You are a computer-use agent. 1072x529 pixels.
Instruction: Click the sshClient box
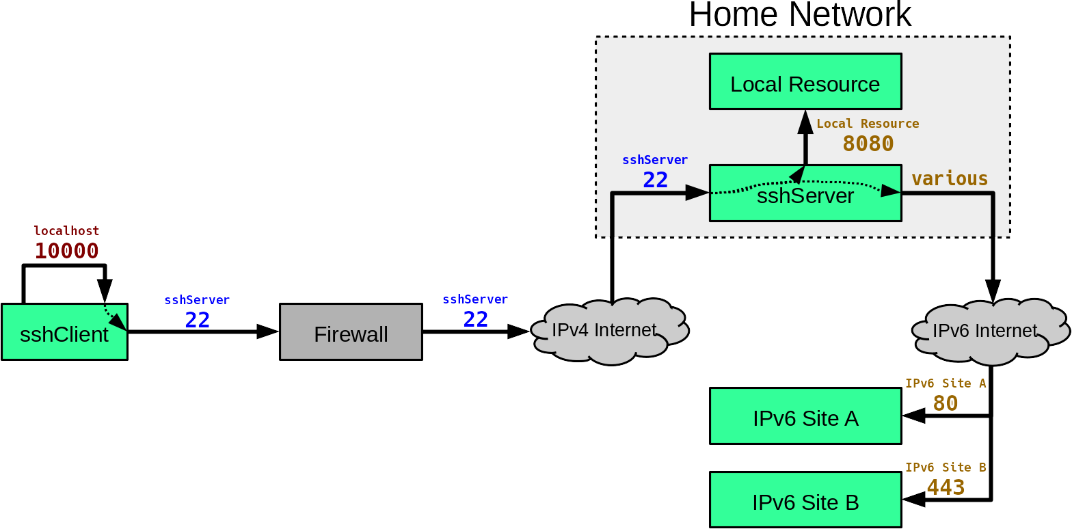pyautogui.click(x=64, y=332)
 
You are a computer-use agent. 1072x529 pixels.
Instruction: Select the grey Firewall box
pyautogui.click(x=351, y=332)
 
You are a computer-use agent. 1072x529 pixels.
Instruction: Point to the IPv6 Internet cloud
pyautogui.click(x=991, y=331)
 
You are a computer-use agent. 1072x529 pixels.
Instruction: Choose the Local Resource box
pyautogui.click(x=805, y=81)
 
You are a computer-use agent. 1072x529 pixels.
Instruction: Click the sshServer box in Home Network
pyautogui.click(x=805, y=193)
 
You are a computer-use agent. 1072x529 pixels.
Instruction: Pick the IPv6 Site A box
pyautogui.click(x=805, y=416)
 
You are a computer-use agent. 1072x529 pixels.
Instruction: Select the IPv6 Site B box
pyautogui.click(x=805, y=500)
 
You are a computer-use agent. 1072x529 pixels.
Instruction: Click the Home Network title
pyautogui.click(x=800, y=14)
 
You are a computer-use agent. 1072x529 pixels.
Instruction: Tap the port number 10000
pyautogui.click(x=66, y=251)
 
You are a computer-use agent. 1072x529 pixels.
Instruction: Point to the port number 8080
pyautogui.click(x=868, y=144)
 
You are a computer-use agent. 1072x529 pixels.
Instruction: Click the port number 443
pyautogui.click(x=946, y=487)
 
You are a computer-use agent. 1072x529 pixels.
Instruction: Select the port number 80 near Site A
pyautogui.click(x=945, y=403)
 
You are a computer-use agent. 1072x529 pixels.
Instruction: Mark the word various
pyautogui.click(x=950, y=178)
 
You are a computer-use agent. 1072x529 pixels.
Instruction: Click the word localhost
pyautogui.click(x=66, y=230)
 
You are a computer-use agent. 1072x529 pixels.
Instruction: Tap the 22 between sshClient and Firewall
pyautogui.click(x=197, y=320)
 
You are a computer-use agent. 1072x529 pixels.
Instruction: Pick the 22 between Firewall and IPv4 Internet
pyautogui.click(x=475, y=319)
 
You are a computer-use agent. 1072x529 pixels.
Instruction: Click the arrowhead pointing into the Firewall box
pyautogui.click(x=268, y=331)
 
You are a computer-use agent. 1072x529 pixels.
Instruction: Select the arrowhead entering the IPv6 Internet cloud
pyautogui.click(x=993, y=291)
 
